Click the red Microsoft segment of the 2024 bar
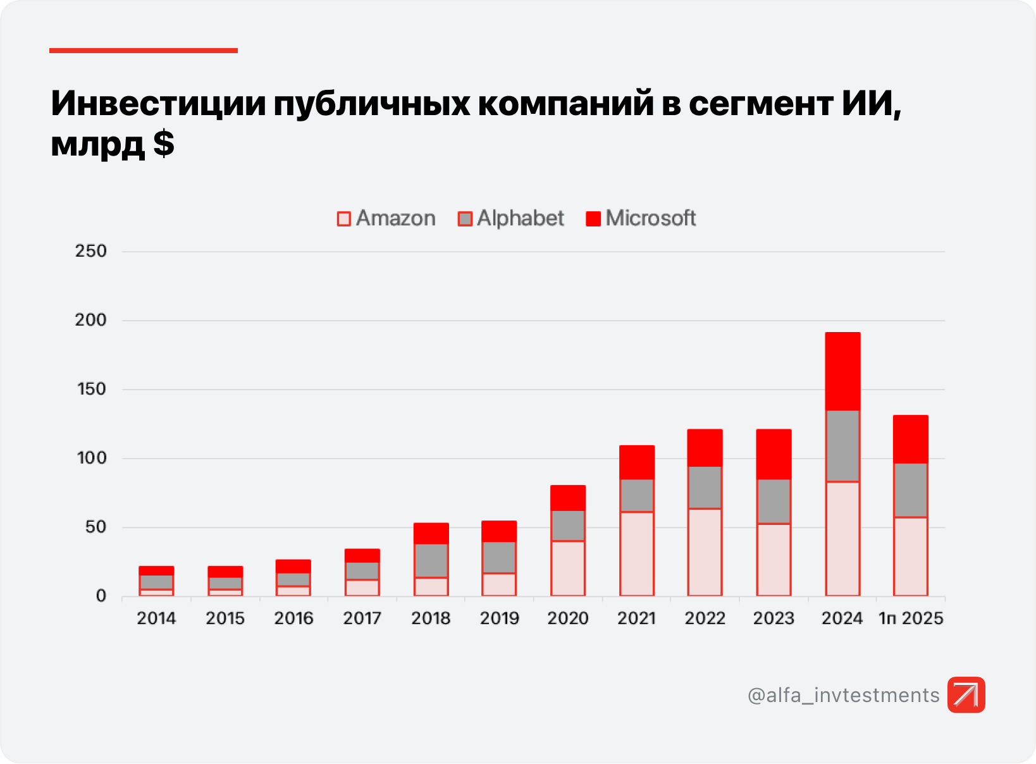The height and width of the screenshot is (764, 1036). [842, 371]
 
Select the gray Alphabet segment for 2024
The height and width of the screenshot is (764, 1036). [842, 446]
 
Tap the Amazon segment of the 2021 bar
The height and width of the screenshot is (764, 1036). [637, 553]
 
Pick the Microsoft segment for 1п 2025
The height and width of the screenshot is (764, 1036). [911, 439]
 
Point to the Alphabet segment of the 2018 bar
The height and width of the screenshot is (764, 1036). [431, 560]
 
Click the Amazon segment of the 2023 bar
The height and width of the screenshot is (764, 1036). [774, 560]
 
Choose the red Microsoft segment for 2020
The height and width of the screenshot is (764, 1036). [568, 498]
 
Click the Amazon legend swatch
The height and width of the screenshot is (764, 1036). [343, 219]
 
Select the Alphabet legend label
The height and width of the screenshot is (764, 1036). [520, 218]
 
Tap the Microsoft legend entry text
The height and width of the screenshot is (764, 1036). [650, 218]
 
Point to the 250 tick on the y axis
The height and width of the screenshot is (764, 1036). [91, 251]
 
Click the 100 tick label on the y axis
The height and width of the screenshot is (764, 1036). [91, 458]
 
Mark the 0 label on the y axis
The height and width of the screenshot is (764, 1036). [101, 596]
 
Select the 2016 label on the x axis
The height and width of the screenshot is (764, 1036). [293, 618]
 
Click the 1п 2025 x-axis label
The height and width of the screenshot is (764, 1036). [911, 618]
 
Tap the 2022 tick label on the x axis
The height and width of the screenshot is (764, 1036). [705, 618]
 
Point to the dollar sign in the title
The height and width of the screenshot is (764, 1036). [163, 144]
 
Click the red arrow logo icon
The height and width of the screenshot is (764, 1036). [966, 694]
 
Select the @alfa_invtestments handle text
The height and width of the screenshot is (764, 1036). [843, 695]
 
